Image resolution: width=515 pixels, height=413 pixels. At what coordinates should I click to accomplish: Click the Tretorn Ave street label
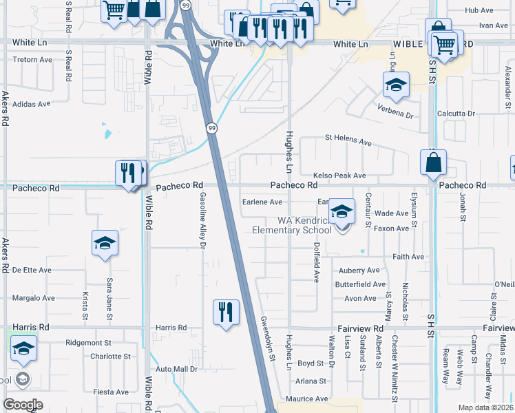click(x=32, y=60)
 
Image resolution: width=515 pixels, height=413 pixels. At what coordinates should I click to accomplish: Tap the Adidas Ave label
click(x=32, y=104)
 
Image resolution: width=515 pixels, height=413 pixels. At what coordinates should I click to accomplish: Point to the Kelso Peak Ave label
click(x=339, y=176)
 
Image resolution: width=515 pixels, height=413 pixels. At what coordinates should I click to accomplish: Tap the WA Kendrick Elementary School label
click(x=304, y=225)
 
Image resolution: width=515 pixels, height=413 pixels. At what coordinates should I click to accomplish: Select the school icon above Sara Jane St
click(x=105, y=243)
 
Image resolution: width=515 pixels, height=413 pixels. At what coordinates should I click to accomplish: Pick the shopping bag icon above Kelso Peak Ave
click(x=433, y=163)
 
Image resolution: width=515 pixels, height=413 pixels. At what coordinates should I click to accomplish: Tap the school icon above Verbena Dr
click(x=396, y=85)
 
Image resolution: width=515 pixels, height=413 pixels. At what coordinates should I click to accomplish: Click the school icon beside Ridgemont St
click(x=24, y=349)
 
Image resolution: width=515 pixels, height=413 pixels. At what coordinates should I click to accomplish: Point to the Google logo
click(x=23, y=404)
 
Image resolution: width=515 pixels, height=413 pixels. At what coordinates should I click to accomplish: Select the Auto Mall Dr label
click(x=176, y=370)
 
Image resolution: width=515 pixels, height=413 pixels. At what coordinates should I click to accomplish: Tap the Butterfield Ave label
click(x=360, y=284)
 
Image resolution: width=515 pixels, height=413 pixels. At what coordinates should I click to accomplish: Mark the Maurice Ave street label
click(x=307, y=399)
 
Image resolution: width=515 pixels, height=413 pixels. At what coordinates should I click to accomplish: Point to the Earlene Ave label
click(x=262, y=202)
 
